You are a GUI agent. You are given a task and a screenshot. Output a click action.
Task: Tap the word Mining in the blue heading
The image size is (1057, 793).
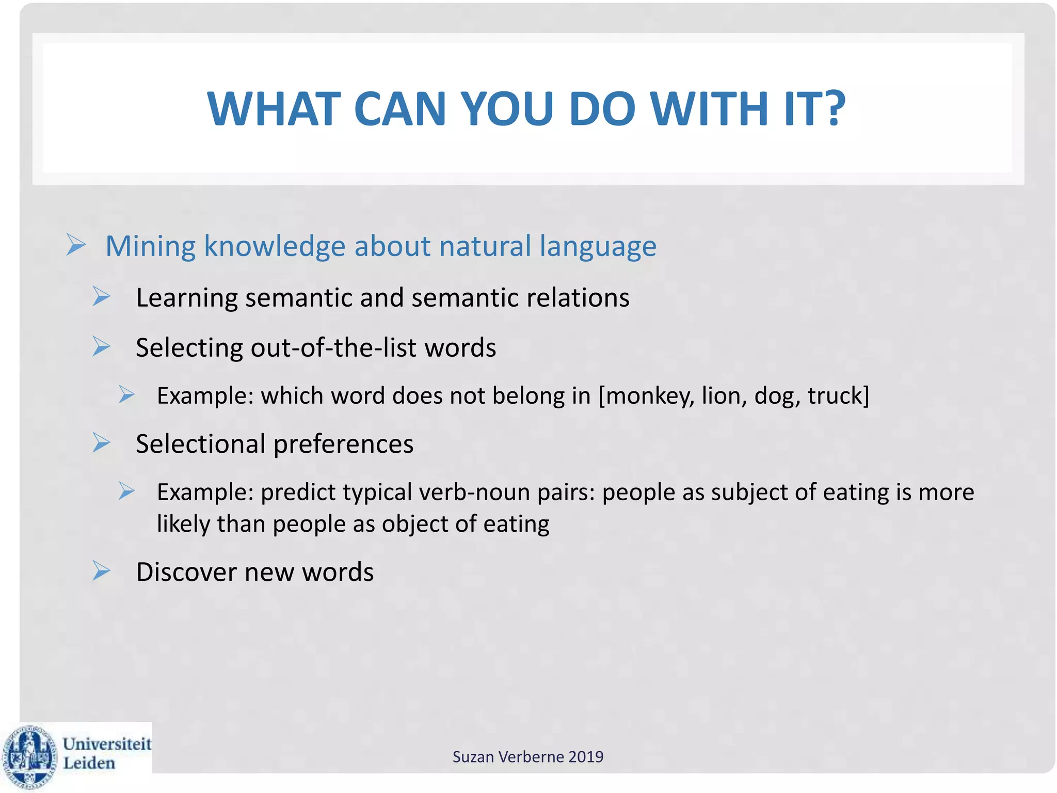pos(150,246)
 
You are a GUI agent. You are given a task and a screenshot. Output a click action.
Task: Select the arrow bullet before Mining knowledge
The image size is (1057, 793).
pos(76,245)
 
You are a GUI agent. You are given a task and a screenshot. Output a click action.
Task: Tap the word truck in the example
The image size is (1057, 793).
pos(836,396)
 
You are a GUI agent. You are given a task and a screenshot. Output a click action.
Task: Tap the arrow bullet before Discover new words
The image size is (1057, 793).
pos(101,571)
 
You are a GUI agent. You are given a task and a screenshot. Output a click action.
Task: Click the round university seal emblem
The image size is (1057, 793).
pos(29,756)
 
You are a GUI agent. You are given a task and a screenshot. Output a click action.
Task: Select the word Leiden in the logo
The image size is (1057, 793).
pos(89,763)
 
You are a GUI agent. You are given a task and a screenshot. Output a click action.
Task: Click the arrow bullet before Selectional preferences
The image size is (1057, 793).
pos(101,443)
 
